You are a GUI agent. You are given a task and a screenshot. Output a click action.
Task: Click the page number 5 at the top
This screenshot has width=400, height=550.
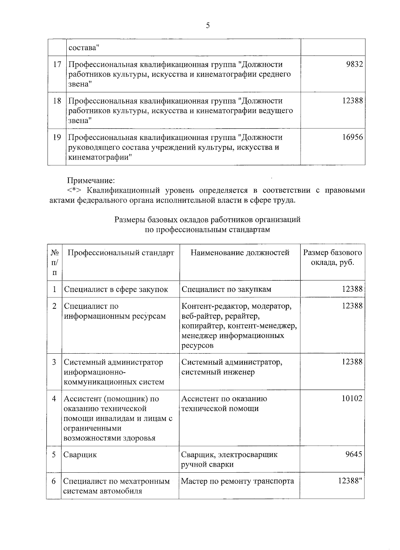(x=208, y=26)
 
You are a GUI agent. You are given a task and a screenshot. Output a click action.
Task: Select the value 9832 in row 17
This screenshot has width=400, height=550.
(x=354, y=64)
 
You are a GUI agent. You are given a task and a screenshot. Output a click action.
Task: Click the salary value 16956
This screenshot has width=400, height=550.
(x=352, y=137)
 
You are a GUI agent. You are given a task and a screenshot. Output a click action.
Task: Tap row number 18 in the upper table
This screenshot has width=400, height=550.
(x=57, y=101)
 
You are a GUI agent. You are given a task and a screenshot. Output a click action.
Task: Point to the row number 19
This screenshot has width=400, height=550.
(x=57, y=137)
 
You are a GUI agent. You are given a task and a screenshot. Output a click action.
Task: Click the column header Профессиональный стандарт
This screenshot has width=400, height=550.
(x=121, y=253)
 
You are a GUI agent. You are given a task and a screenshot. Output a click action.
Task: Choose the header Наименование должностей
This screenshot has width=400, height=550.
(x=240, y=253)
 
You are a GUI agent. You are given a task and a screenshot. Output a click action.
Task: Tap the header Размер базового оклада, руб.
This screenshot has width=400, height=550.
(x=332, y=257)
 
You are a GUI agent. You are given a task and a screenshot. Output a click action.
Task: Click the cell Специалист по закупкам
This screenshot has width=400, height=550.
(x=226, y=289)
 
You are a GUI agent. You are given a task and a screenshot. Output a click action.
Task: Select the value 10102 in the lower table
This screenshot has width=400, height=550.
(x=352, y=399)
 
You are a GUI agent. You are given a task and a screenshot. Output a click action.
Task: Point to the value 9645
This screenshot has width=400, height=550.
(x=354, y=454)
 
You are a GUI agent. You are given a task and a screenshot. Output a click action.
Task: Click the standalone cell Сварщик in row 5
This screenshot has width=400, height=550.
(x=80, y=455)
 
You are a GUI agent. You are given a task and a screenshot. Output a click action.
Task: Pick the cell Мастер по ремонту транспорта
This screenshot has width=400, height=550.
(x=237, y=481)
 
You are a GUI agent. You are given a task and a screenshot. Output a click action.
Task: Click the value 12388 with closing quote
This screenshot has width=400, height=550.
(x=350, y=481)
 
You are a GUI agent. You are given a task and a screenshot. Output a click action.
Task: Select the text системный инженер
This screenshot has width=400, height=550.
(x=218, y=372)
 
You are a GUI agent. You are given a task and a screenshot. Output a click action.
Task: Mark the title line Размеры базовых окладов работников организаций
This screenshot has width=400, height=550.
(x=207, y=220)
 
